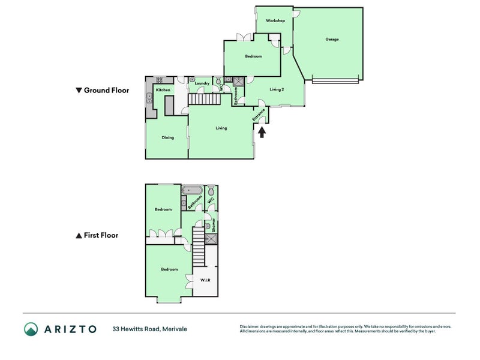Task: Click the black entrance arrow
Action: [262, 131]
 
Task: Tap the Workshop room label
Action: [275, 21]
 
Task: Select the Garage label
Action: [332, 40]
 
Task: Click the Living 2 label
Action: [277, 89]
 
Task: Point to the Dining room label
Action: [167, 137]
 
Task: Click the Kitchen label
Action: [163, 90]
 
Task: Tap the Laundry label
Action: [202, 83]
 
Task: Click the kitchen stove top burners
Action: [160, 80]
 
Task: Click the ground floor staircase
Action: [210, 100]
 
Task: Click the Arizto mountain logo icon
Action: [31, 329]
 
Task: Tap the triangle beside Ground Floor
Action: [78, 91]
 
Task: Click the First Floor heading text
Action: [101, 236]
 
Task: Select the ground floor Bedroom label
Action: [253, 56]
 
